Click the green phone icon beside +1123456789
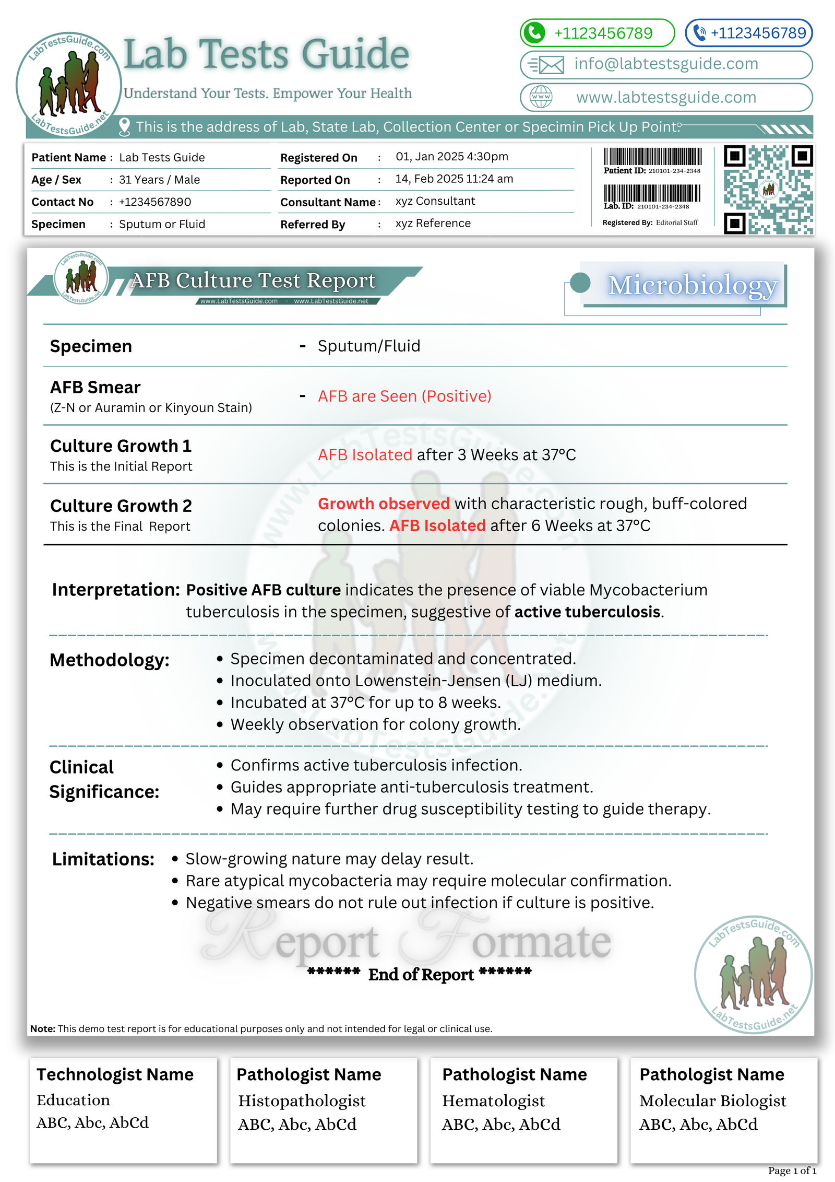point(534,33)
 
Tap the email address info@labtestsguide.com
point(666,64)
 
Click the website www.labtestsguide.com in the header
point(666,97)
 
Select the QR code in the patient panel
point(768,189)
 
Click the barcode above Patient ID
point(652,156)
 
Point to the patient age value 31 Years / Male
point(159,180)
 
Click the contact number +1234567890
point(155,202)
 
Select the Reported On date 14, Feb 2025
point(454,179)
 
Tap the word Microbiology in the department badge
point(692,286)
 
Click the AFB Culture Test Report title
point(253,280)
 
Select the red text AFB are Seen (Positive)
point(404,396)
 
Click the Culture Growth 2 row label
point(121,506)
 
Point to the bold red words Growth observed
point(384,504)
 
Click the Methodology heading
point(110,660)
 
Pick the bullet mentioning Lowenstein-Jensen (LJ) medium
point(416,681)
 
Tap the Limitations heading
point(103,859)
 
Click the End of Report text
point(421,974)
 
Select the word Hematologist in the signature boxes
point(493,1101)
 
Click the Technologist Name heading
point(115,1074)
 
